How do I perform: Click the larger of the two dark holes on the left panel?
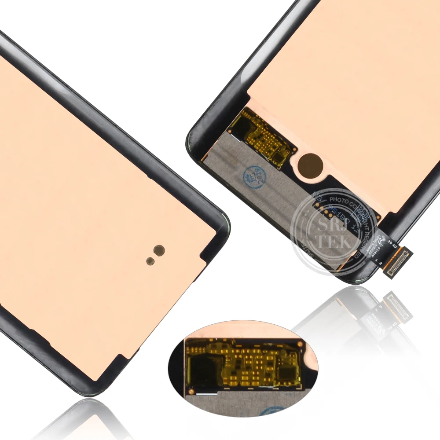[159, 249]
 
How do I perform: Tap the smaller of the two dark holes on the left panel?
[150, 260]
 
